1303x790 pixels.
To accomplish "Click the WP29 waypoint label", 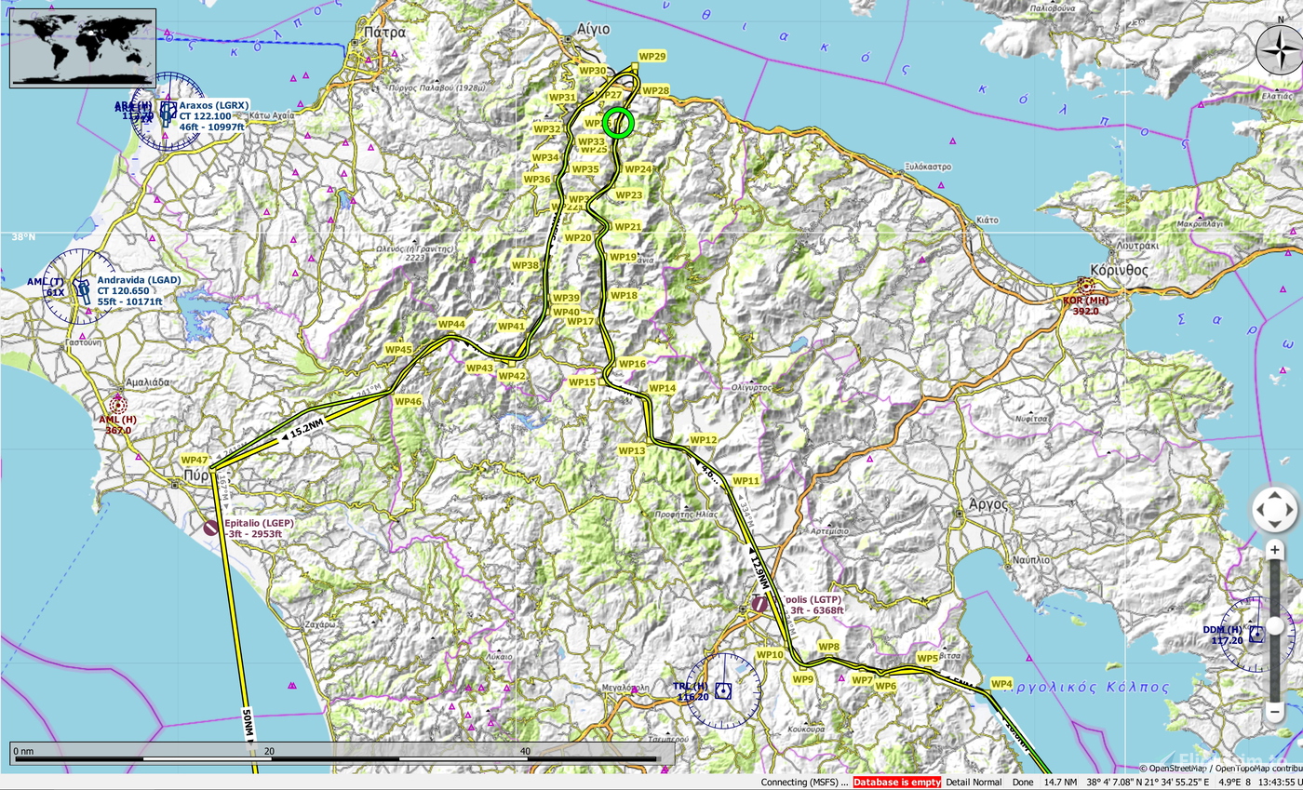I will [652, 57].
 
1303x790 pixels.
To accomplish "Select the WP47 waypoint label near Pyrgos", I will [195, 460].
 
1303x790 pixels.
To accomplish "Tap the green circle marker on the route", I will [618, 122].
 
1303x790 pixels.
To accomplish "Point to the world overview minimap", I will [83, 47].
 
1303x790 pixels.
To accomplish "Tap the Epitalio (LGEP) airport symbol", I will [211, 528].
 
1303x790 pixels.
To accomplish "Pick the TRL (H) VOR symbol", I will [723, 690].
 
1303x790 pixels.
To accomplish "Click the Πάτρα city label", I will [385, 32].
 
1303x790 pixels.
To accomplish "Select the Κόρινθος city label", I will [1119, 271].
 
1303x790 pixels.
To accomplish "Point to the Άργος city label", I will [988, 503].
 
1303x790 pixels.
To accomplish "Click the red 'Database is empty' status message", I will [896, 783].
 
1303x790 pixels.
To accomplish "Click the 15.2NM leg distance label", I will [306, 429].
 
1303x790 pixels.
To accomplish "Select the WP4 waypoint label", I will [1001, 684].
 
